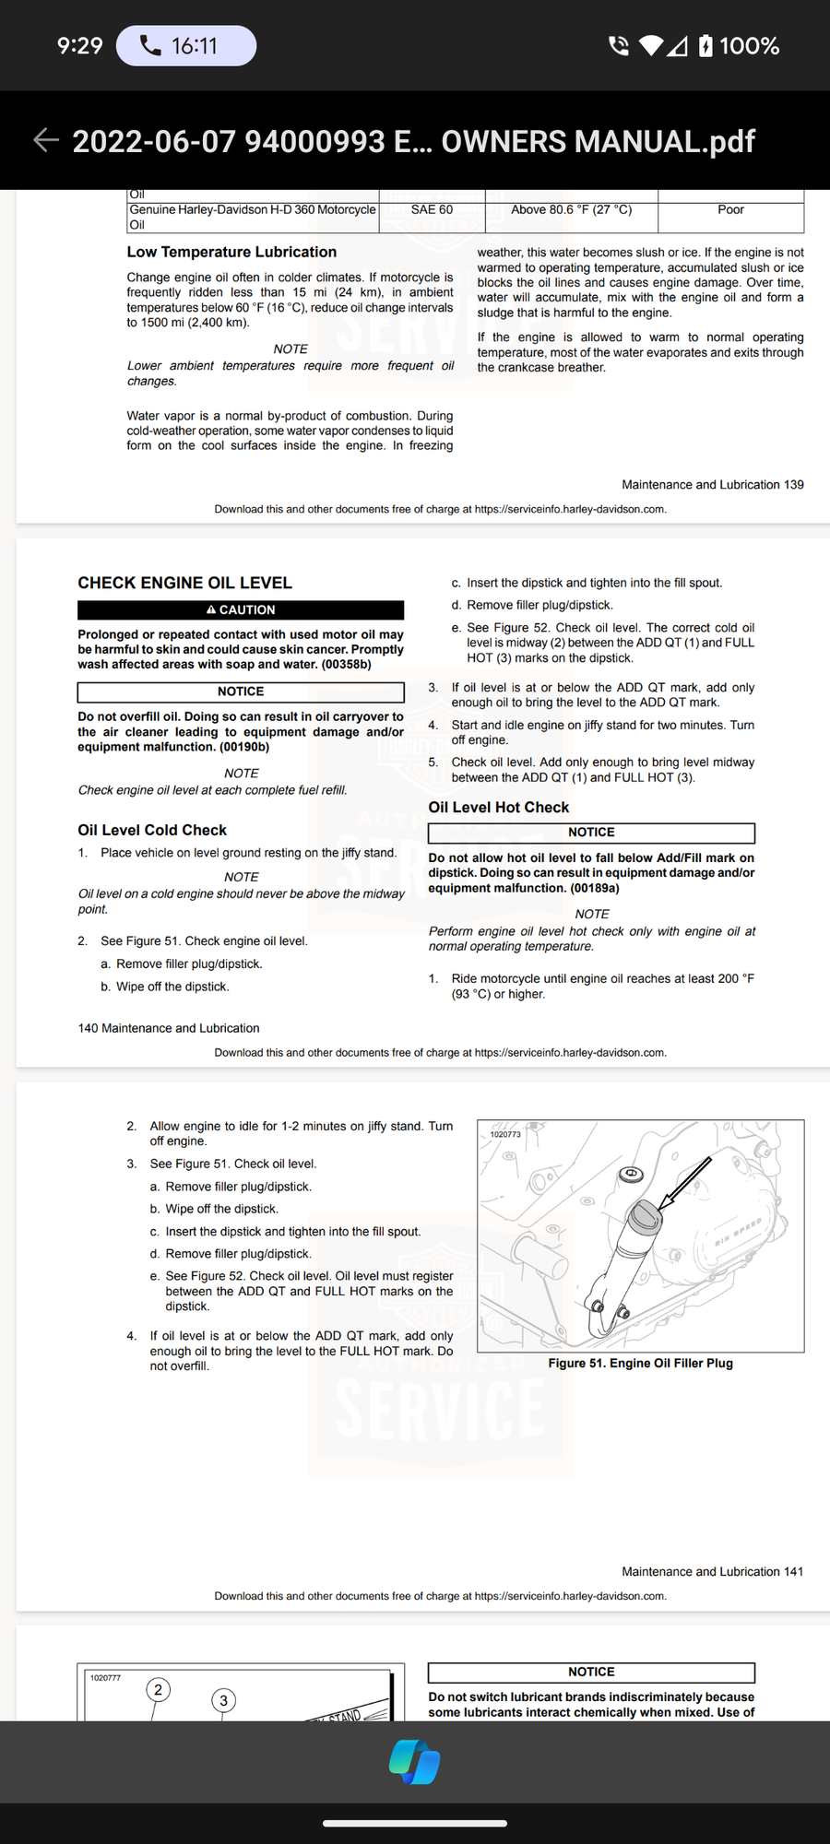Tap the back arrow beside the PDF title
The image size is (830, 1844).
(x=46, y=140)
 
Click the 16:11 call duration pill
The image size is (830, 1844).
(x=186, y=45)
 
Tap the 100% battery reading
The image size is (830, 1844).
(x=749, y=46)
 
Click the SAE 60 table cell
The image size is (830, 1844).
(x=432, y=210)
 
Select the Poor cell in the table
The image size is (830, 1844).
(x=730, y=210)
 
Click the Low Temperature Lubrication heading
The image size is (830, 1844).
(x=231, y=252)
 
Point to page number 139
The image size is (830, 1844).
(x=793, y=484)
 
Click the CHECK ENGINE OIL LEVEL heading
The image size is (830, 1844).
(x=184, y=583)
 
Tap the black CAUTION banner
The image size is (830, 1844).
(x=241, y=609)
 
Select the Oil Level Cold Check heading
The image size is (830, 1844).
(x=152, y=830)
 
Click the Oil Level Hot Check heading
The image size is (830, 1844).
(x=499, y=807)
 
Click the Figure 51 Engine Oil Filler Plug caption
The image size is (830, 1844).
(x=640, y=1363)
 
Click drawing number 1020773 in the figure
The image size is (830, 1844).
(x=505, y=1134)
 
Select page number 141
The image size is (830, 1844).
(x=793, y=1571)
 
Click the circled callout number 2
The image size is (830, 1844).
(x=158, y=1690)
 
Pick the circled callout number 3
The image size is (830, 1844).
(x=223, y=1700)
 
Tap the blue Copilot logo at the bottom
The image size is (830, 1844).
(x=414, y=1762)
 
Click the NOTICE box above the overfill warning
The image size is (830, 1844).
(x=241, y=691)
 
